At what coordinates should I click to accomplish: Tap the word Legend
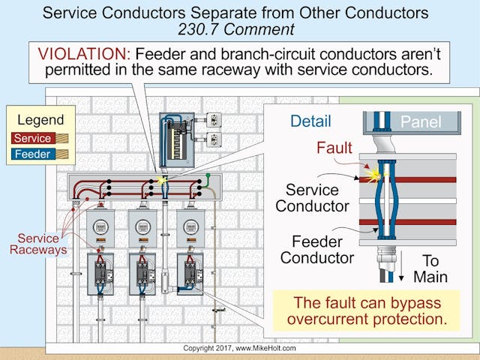click(x=40, y=120)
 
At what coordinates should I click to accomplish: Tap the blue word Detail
click(x=310, y=121)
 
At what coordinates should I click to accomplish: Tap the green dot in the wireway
click(x=208, y=178)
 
